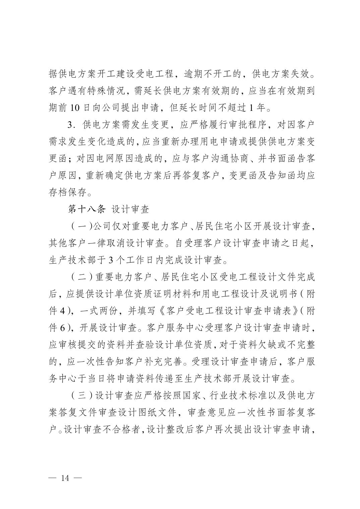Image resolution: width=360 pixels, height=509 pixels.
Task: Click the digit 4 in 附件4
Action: coord(62,311)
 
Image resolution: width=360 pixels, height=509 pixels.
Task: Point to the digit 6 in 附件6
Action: coord(62,328)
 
